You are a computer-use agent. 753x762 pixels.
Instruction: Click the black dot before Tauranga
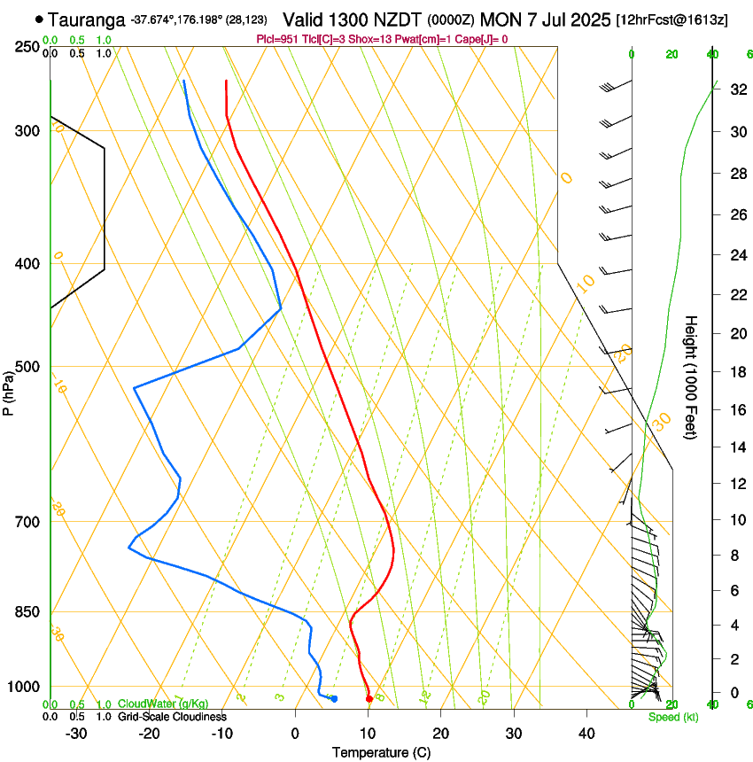point(39,19)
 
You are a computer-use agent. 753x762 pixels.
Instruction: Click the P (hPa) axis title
point(9,389)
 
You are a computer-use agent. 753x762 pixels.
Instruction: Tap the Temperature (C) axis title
point(381,752)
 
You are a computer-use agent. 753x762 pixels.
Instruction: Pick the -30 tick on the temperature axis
point(76,734)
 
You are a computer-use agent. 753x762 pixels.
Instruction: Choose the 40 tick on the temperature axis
point(586,734)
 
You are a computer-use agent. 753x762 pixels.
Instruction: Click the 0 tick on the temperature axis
point(295,734)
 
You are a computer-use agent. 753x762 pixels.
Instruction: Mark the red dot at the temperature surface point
point(369,699)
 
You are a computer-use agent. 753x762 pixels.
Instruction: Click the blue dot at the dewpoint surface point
point(334,699)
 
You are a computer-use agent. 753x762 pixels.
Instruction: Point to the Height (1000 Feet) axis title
point(692,377)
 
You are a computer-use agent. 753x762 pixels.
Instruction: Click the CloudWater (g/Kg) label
point(163,704)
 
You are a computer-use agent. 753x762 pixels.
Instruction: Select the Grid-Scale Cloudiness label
point(172,716)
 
